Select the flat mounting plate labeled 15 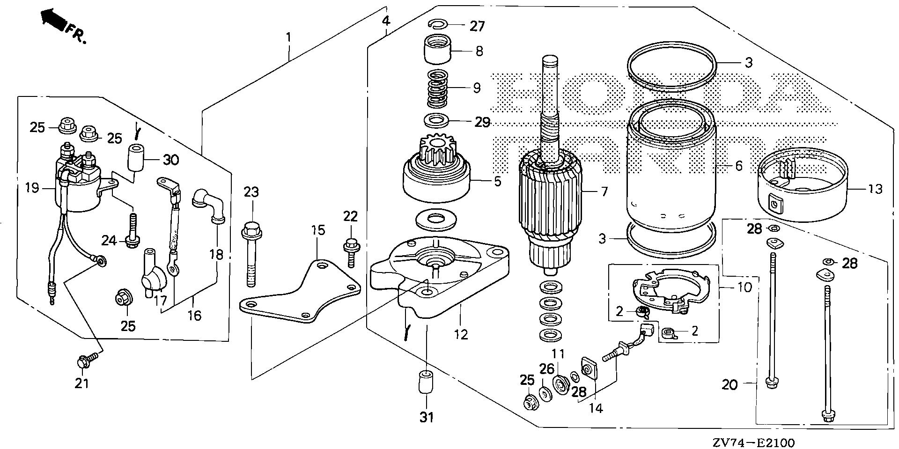click(300, 295)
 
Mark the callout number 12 click(461, 335)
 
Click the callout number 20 click(730, 385)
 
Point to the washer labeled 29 click(436, 121)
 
